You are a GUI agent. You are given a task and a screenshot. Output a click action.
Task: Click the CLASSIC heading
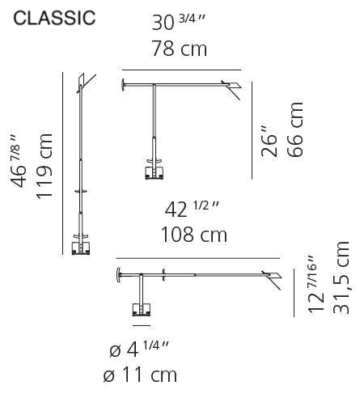[54, 18]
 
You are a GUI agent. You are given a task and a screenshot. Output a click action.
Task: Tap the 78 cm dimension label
[180, 49]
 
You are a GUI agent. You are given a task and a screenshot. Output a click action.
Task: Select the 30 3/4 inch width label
[179, 23]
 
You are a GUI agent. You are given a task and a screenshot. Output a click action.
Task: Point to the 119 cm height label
[44, 166]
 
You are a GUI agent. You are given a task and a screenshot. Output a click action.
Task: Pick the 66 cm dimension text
[295, 129]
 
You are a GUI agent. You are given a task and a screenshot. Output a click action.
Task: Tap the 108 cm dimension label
[194, 235]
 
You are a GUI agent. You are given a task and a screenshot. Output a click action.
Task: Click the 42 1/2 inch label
[192, 210]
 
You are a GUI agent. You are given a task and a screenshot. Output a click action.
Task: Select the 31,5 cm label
[341, 277]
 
